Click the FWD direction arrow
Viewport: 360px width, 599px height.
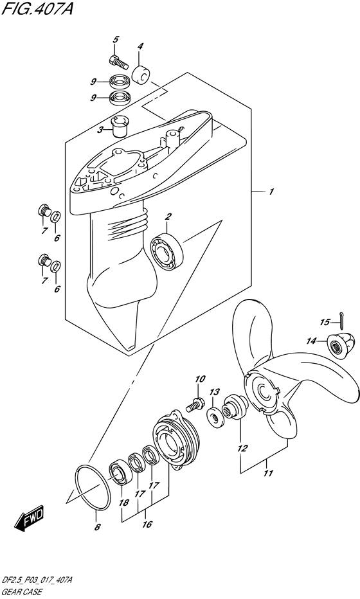coord(30,520)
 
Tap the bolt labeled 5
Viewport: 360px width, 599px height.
coord(118,62)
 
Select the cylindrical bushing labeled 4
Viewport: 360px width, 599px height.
coord(140,75)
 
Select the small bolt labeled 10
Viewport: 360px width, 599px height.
coord(195,404)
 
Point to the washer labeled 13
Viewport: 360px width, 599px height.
coord(215,415)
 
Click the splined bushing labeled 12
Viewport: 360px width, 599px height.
coord(235,407)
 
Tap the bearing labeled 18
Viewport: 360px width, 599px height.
coord(120,473)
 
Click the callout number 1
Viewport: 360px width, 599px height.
coord(271,192)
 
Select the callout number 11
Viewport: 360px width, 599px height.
coord(268,473)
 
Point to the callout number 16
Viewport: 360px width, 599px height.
coord(147,524)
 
